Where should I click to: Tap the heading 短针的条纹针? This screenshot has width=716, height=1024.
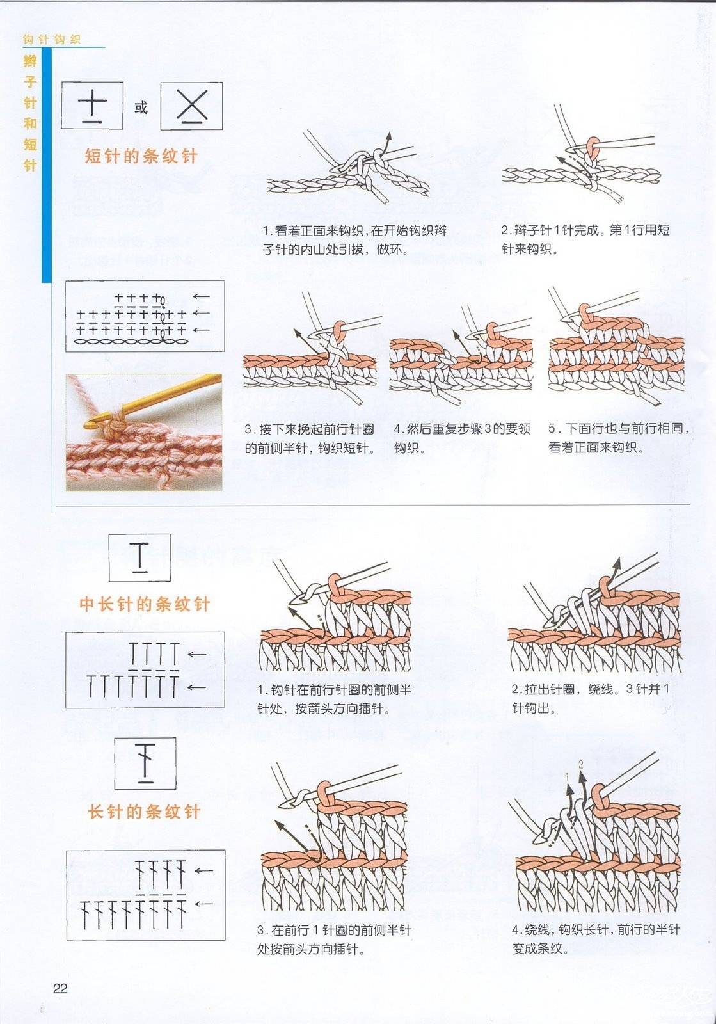141,156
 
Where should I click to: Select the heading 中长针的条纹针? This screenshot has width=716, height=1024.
145,604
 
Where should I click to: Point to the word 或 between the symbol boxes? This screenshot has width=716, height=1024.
141,108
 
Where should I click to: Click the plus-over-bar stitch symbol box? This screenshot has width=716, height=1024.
92,105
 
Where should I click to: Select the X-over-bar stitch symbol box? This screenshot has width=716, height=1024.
191,106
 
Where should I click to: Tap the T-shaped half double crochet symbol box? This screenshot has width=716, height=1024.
140,557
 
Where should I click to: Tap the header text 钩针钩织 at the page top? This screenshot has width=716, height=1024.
52,39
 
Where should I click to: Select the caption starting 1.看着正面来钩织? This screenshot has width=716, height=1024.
354,240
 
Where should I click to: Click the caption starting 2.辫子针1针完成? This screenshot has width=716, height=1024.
585,239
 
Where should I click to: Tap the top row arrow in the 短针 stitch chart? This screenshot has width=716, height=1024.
201,297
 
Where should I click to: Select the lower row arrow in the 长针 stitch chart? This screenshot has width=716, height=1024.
203,903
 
